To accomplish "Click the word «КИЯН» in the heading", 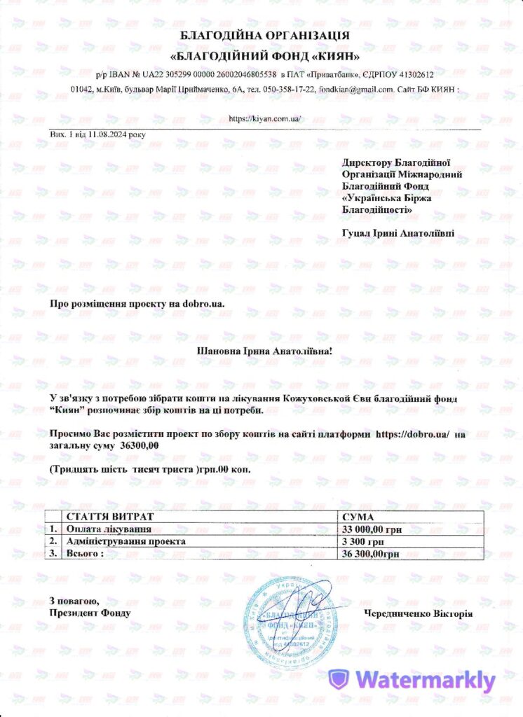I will point(336,55).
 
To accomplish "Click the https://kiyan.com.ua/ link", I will point(266,118).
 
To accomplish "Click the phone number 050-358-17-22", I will point(290,90).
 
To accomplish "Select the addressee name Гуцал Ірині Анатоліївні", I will point(398,232).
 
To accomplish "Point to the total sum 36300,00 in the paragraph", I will point(140,445).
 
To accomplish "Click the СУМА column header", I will point(359,517).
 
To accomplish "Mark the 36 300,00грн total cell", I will point(370,553).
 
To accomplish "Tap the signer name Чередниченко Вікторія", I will point(418,614).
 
